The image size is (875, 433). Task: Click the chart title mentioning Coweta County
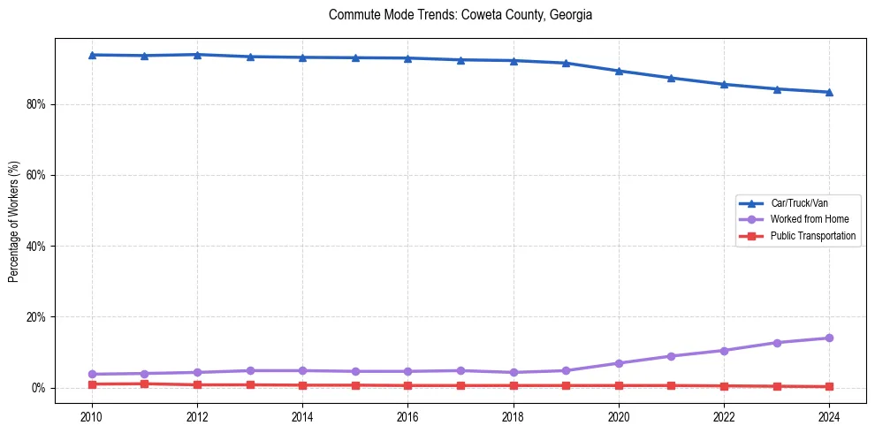pyautogui.click(x=460, y=15)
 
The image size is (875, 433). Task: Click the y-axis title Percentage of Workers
pyautogui.click(x=14, y=221)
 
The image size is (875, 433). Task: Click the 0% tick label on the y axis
pyautogui.click(x=38, y=388)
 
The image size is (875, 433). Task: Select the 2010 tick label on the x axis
pyautogui.click(x=92, y=415)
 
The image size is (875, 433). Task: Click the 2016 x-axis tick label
pyautogui.click(x=407, y=415)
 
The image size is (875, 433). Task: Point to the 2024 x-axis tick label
pyautogui.click(x=829, y=415)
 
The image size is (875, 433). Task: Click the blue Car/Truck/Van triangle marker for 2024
pyautogui.click(x=829, y=92)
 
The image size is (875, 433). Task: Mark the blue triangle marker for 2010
pyautogui.click(x=92, y=55)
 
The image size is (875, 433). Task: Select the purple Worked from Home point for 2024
pyautogui.click(x=829, y=338)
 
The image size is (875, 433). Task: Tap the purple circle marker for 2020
pyautogui.click(x=619, y=363)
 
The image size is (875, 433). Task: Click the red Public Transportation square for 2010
pyautogui.click(x=92, y=384)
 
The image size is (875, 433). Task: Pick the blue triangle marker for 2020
pyautogui.click(x=619, y=71)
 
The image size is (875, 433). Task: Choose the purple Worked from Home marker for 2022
pyautogui.click(x=724, y=351)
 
